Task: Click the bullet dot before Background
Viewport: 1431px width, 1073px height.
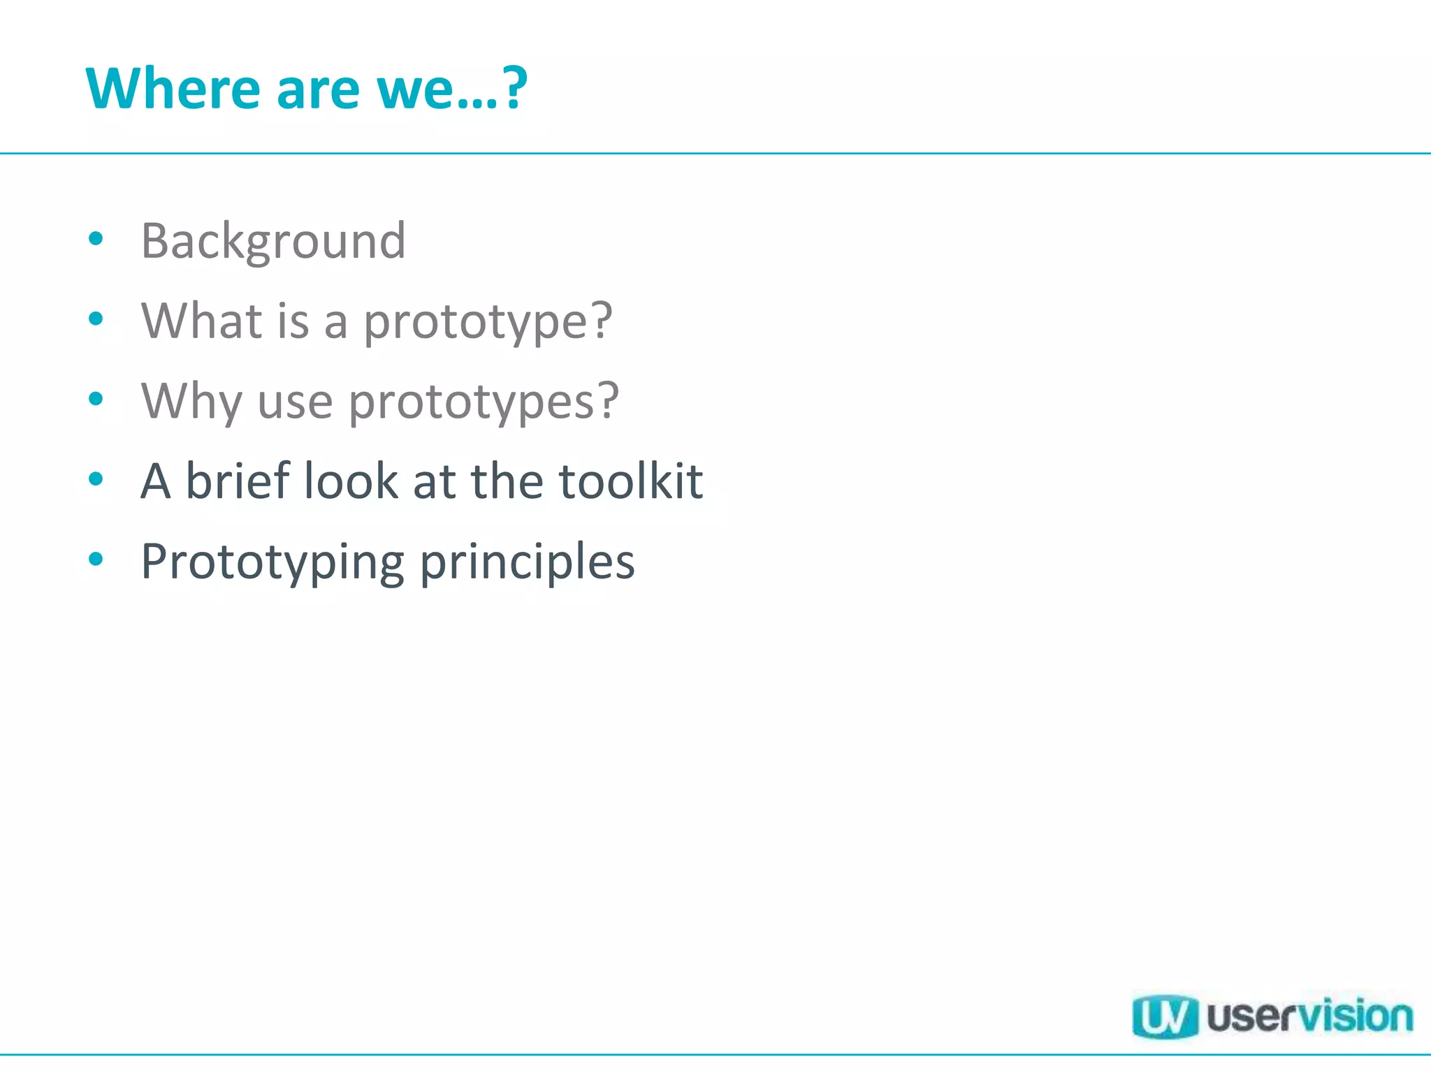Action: click(96, 239)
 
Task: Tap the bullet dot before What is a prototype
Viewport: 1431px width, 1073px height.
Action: click(96, 319)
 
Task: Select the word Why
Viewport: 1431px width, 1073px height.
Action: click(191, 402)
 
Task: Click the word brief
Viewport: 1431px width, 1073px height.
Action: click(238, 481)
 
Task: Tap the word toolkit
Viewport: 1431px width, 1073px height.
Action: click(631, 481)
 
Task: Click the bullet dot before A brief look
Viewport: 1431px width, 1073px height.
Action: click(96, 479)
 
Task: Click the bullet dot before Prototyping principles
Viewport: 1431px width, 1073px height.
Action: click(96, 559)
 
